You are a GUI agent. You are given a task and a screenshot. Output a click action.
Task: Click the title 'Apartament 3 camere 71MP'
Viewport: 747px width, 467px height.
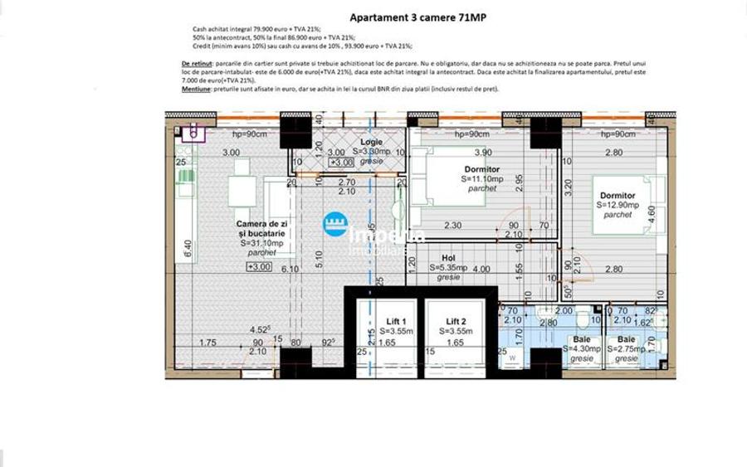407,16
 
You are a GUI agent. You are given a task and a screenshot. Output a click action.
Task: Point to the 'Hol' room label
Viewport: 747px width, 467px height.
448,258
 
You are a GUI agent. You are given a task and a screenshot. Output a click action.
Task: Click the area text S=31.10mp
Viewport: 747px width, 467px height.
261,244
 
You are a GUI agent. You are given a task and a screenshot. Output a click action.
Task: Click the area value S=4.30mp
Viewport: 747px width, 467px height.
582,349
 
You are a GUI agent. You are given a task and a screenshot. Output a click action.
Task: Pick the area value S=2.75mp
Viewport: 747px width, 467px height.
627,349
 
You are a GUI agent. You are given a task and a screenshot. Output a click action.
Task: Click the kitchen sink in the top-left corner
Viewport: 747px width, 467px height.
193,131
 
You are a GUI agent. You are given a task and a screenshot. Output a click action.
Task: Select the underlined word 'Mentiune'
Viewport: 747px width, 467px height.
195,88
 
